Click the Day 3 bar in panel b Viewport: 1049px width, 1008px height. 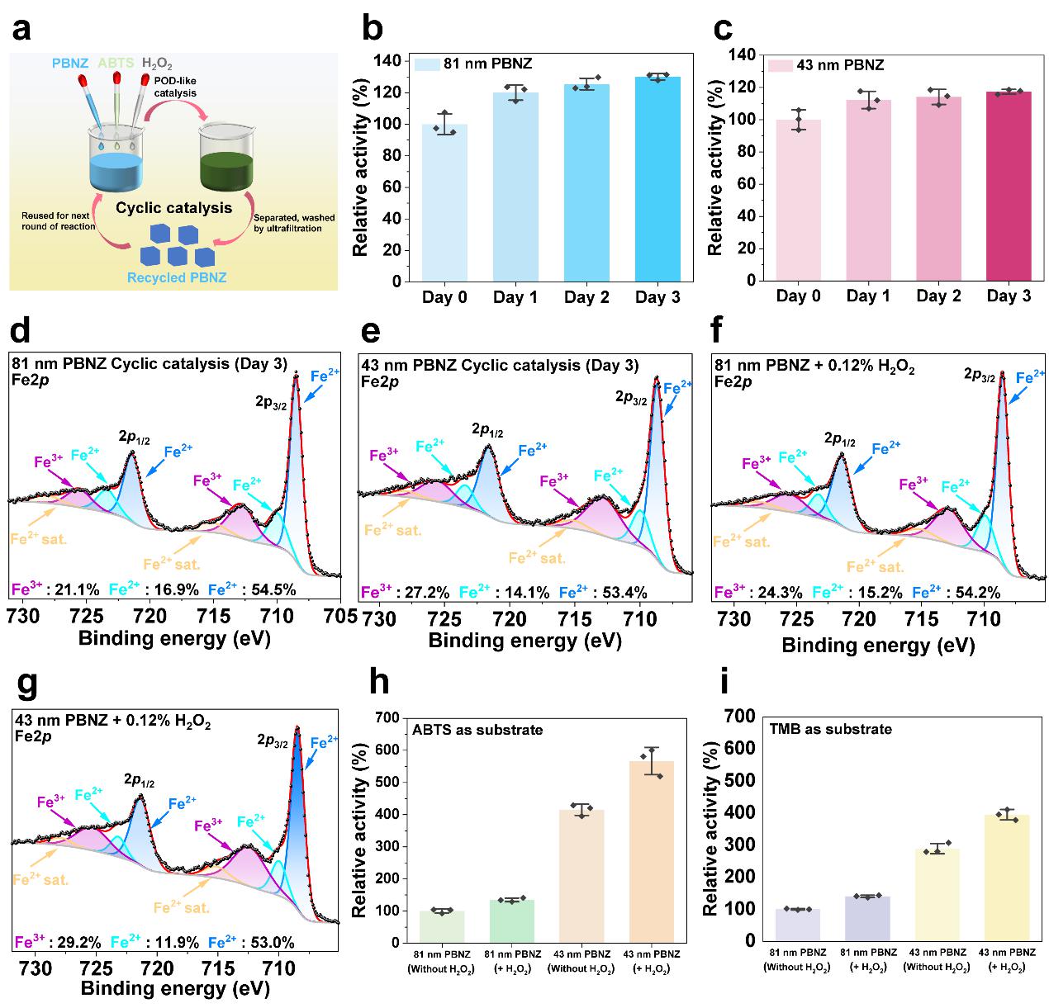[657, 179]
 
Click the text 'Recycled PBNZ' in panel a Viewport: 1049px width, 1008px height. [177, 277]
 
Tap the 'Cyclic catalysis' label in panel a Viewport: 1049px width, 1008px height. [173, 208]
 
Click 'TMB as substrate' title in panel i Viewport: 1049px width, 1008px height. [819, 729]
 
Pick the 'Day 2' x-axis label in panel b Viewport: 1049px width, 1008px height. [586, 297]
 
